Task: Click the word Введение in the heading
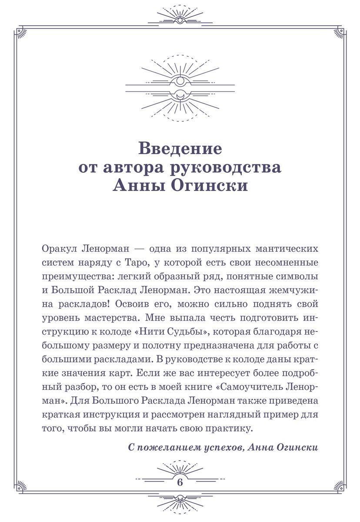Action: pyautogui.click(x=180, y=149)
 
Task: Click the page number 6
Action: pyautogui.click(x=180, y=482)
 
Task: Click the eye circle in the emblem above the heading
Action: pyautogui.click(x=180, y=81)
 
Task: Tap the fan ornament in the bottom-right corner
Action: pyautogui.click(x=339, y=486)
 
